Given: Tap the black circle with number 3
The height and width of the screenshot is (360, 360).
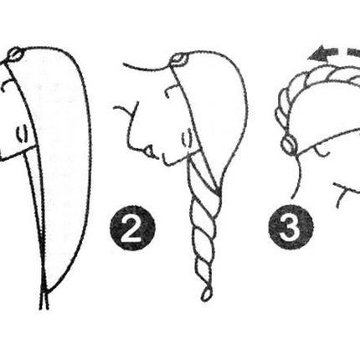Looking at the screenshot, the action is [x=291, y=227].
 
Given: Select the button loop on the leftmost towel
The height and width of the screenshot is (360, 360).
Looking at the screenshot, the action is [x=14, y=54].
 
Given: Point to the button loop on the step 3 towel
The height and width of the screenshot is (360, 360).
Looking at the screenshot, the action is [x=290, y=144].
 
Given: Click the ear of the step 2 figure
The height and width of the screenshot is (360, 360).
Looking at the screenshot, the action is [x=187, y=138].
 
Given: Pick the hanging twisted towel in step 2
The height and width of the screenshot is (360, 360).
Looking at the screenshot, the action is [x=204, y=229].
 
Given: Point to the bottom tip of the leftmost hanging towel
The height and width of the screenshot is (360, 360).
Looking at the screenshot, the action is [x=44, y=308].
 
